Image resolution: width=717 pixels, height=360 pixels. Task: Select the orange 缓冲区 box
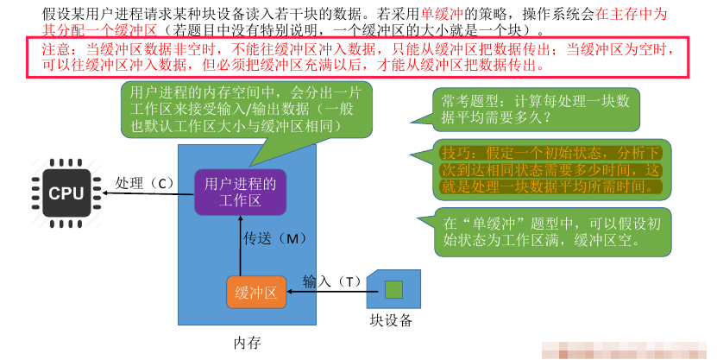coord(256,293)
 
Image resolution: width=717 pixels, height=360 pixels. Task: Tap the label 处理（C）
coord(144,183)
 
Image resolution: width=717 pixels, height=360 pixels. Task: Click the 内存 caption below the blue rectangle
coord(248,343)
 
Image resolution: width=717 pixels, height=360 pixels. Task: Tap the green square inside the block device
coord(393,289)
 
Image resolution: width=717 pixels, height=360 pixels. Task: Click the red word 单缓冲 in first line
coord(441,15)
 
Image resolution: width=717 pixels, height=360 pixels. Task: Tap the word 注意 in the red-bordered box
coord(53,49)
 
